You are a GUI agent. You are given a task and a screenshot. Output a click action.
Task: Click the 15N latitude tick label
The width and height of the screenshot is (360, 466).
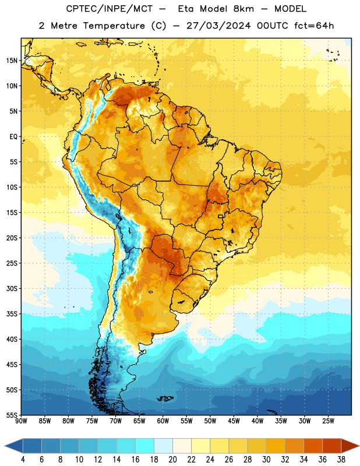pyautogui.click(x=12, y=61)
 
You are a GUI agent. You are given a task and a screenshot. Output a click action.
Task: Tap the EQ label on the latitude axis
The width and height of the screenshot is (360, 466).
pyautogui.click(x=13, y=137)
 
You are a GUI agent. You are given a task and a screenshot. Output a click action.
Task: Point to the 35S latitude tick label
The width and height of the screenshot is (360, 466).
pyautogui.click(x=12, y=314)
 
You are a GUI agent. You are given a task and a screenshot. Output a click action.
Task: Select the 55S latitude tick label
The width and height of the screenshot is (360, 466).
pyautogui.click(x=12, y=415)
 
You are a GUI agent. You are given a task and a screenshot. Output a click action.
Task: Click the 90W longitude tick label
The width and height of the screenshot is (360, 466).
pyautogui.click(x=22, y=421)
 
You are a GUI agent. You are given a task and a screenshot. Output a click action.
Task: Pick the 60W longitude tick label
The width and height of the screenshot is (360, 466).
pyautogui.click(x=163, y=421)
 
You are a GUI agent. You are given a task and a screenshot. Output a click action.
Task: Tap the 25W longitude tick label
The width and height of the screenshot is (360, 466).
pyautogui.click(x=328, y=421)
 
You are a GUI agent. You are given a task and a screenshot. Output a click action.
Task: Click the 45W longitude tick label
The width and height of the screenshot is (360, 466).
pyautogui.click(x=234, y=421)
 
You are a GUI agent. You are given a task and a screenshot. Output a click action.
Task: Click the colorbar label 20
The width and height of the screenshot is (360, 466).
pyautogui.click(x=172, y=460)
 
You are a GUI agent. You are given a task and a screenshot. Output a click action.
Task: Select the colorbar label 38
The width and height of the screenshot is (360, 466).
pyautogui.click(x=341, y=460)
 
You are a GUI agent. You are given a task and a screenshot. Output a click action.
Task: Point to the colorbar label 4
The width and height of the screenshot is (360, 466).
pyautogui.click(x=23, y=460)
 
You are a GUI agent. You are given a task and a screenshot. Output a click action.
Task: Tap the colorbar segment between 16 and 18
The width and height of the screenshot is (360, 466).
pyautogui.click(x=145, y=446)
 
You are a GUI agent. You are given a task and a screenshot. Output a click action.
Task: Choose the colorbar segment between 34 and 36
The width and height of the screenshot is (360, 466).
pyautogui.click(x=313, y=446)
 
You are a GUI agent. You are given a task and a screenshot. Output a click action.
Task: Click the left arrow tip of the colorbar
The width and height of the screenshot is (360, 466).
pyautogui.click(x=5, y=446)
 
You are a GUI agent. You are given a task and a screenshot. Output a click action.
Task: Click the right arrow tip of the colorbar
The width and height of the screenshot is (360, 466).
pyautogui.click(x=359, y=446)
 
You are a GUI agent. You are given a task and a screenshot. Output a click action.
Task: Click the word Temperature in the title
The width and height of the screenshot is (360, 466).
pyautogui.click(x=114, y=26)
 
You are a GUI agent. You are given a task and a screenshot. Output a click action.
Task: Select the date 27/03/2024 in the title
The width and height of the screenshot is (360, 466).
pyautogui.click(x=218, y=26)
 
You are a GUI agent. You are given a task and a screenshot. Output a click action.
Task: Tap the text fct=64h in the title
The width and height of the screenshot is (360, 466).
pyautogui.click(x=314, y=26)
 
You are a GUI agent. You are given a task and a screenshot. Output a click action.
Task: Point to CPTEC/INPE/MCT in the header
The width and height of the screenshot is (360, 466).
pyautogui.click(x=110, y=9)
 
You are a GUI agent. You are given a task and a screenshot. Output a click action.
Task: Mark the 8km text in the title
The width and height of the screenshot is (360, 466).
pyautogui.click(x=243, y=9)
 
